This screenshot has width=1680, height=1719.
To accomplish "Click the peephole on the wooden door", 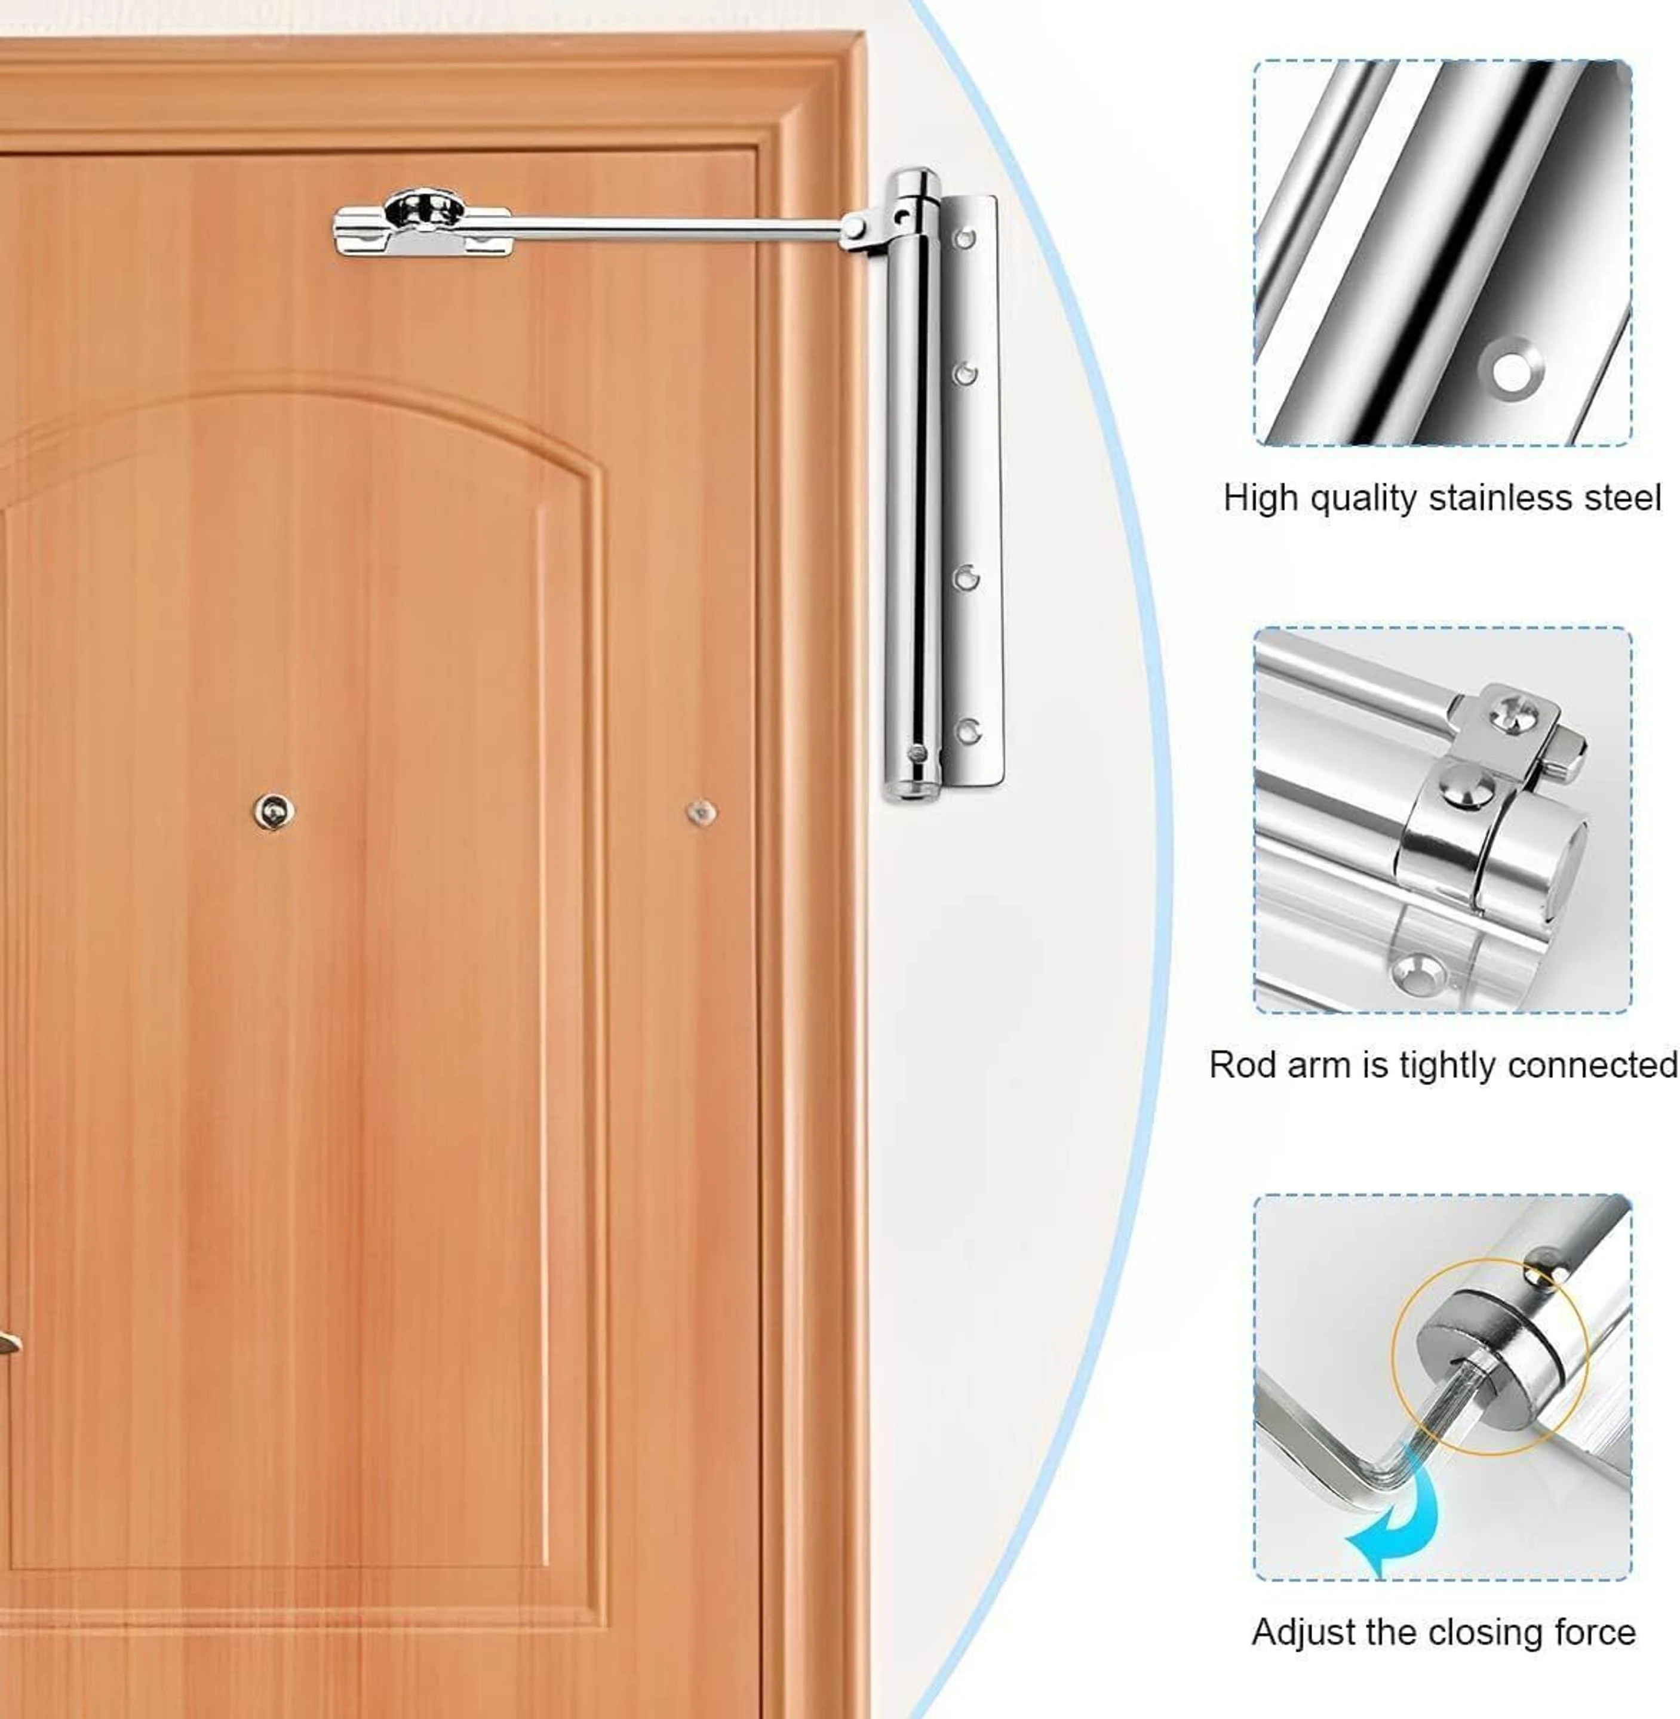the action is [x=274, y=811].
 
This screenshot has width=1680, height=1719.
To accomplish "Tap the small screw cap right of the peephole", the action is [x=702, y=812].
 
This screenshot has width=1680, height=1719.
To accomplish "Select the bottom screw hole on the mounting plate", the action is [x=968, y=731].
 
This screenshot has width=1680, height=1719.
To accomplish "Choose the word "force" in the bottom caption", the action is [x=1595, y=1632].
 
